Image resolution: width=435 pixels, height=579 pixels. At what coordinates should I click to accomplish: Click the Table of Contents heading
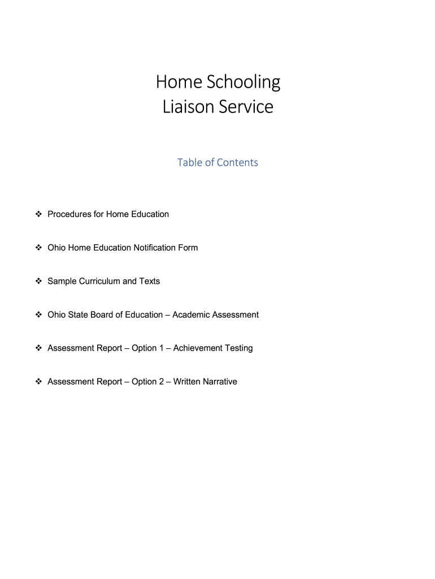tap(217, 163)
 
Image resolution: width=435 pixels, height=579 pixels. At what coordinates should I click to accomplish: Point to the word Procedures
tap(69, 214)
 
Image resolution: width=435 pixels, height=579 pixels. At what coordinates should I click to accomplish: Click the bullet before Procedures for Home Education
tap(38, 214)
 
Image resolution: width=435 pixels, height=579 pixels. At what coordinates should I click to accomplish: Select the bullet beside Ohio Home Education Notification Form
tap(38, 248)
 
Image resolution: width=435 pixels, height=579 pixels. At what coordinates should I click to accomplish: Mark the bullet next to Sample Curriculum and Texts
tap(38, 281)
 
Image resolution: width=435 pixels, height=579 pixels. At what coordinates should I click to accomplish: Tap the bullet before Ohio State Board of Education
tap(38, 314)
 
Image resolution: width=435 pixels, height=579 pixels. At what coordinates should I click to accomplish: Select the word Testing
tap(238, 348)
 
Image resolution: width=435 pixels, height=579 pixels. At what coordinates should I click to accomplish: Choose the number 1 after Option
tap(160, 348)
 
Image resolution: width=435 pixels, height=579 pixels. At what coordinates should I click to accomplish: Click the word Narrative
tap(218, 382)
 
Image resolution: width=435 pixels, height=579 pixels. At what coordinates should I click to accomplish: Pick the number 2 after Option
tap(160, 382)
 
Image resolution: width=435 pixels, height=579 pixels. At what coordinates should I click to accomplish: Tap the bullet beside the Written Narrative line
tap(38, 382)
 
